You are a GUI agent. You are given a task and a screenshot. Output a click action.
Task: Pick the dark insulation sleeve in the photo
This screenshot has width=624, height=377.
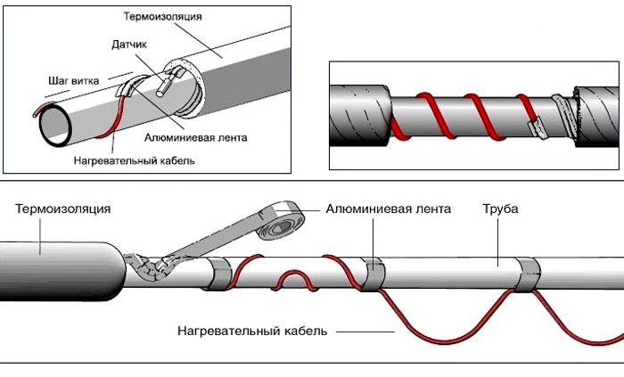click(x=358, y=111)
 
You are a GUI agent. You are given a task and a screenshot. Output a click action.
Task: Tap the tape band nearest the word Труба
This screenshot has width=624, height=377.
click(x=526, y=271)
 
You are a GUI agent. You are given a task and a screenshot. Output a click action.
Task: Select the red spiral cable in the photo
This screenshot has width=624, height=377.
click(x=446, y=111)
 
